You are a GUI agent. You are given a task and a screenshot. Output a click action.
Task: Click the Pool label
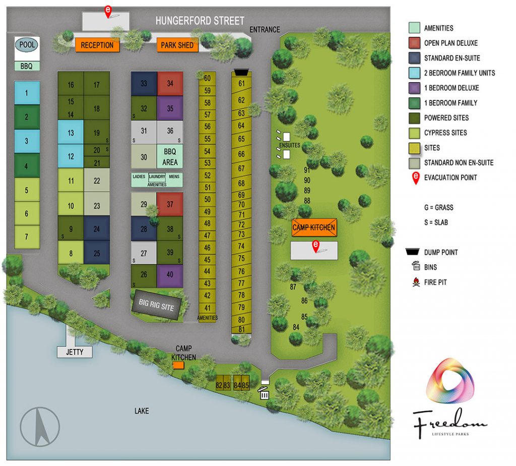27,45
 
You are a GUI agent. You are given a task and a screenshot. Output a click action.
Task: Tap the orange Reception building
97,45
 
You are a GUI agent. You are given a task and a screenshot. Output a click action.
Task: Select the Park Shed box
177,45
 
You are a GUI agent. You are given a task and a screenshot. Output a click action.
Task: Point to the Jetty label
75,352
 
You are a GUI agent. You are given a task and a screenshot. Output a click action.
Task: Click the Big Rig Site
156,304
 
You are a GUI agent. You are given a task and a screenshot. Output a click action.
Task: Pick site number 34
170,83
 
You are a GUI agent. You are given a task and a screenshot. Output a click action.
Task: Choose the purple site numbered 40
170,275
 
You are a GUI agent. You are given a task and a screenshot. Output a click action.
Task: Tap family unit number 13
71,133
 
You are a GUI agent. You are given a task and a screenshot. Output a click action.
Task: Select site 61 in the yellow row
241,83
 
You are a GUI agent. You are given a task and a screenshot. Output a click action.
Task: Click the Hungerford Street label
200,21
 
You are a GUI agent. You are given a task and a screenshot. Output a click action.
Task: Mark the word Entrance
265,30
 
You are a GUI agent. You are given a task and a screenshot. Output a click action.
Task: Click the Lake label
142,411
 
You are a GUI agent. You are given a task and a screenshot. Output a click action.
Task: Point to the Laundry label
157,177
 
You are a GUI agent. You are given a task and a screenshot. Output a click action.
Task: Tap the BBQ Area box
170,156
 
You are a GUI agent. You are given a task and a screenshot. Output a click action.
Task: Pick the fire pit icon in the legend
416,282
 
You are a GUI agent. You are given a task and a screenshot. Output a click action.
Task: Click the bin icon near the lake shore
264,393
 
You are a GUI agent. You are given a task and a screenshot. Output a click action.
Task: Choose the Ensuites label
289,145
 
